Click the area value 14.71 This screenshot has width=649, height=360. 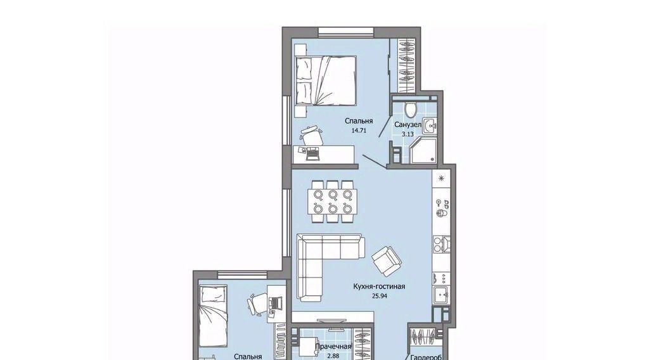pyautogui.click(x=359, y=131)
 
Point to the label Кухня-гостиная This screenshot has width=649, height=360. pyautogui.click(x=379, y=286)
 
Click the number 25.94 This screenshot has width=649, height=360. pyautogui.click(x=379, y=296)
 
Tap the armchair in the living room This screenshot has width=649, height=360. pyautogui.click(x=387, y=260)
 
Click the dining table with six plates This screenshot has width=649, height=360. pyautogui.click(x=332, y=201)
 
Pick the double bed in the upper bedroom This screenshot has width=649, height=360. pyautogui.click(x=326, y=80)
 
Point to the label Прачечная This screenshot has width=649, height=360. pyautogui.click(x=333, y=347)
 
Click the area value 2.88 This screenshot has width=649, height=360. pyautogui.click(x=333, y=356)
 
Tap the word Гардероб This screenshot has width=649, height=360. pyautogui.click(x=426, y=357)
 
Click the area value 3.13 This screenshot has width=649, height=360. pyautogui.click(x=408, y=134)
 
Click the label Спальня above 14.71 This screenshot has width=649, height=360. pyautogui.click(x=359, y=121)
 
